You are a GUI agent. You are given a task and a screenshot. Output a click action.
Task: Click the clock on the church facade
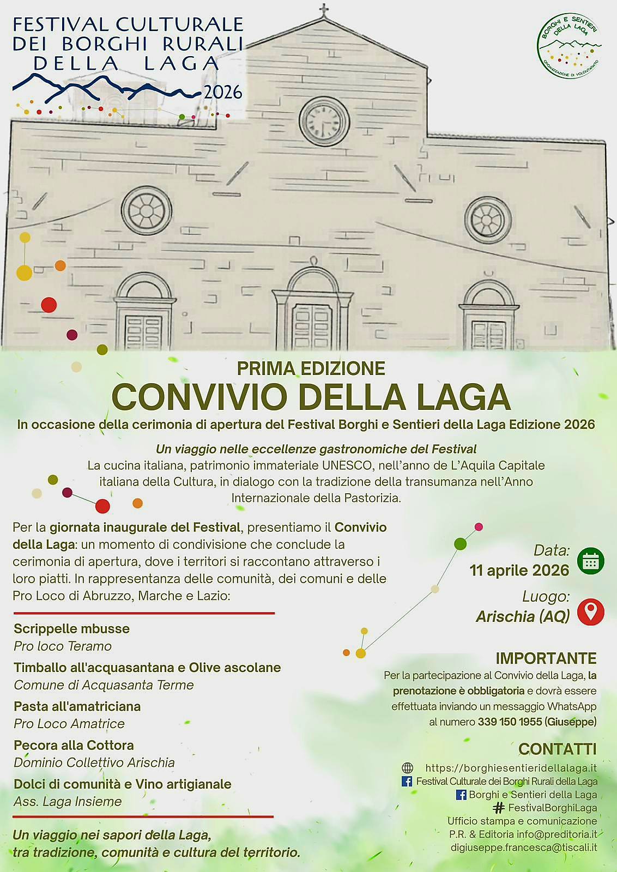(324, 121)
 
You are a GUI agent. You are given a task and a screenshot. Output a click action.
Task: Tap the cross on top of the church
(325, 10)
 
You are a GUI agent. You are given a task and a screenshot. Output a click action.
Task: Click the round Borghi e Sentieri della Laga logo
(569, 46)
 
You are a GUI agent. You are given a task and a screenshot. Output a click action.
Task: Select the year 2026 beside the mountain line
(223, 92)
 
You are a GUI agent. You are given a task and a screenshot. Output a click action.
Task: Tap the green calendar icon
(590, 561)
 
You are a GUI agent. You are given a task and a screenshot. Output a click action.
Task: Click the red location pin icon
(590, 611)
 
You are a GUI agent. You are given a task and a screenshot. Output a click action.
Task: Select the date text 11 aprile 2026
(519, 570)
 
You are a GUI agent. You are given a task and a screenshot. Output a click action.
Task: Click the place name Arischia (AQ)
(523, 616)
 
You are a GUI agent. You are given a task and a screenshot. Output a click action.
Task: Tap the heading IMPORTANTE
(546, 658)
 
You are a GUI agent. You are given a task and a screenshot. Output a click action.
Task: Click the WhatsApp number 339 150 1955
(510, 722)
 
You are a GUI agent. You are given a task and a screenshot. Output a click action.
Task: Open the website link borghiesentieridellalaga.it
(511, 768)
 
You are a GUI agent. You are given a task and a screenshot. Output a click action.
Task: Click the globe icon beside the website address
(407, 768)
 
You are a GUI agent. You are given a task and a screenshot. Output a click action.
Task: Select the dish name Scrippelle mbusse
(72, 628)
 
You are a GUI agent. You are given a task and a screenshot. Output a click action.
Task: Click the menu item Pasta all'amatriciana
(77, 706)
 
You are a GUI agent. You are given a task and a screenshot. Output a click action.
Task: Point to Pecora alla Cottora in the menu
(74, 745)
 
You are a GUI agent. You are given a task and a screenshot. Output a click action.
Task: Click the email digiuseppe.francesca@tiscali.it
(524, 847)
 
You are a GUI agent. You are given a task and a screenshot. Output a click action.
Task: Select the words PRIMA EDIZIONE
(311, 368)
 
